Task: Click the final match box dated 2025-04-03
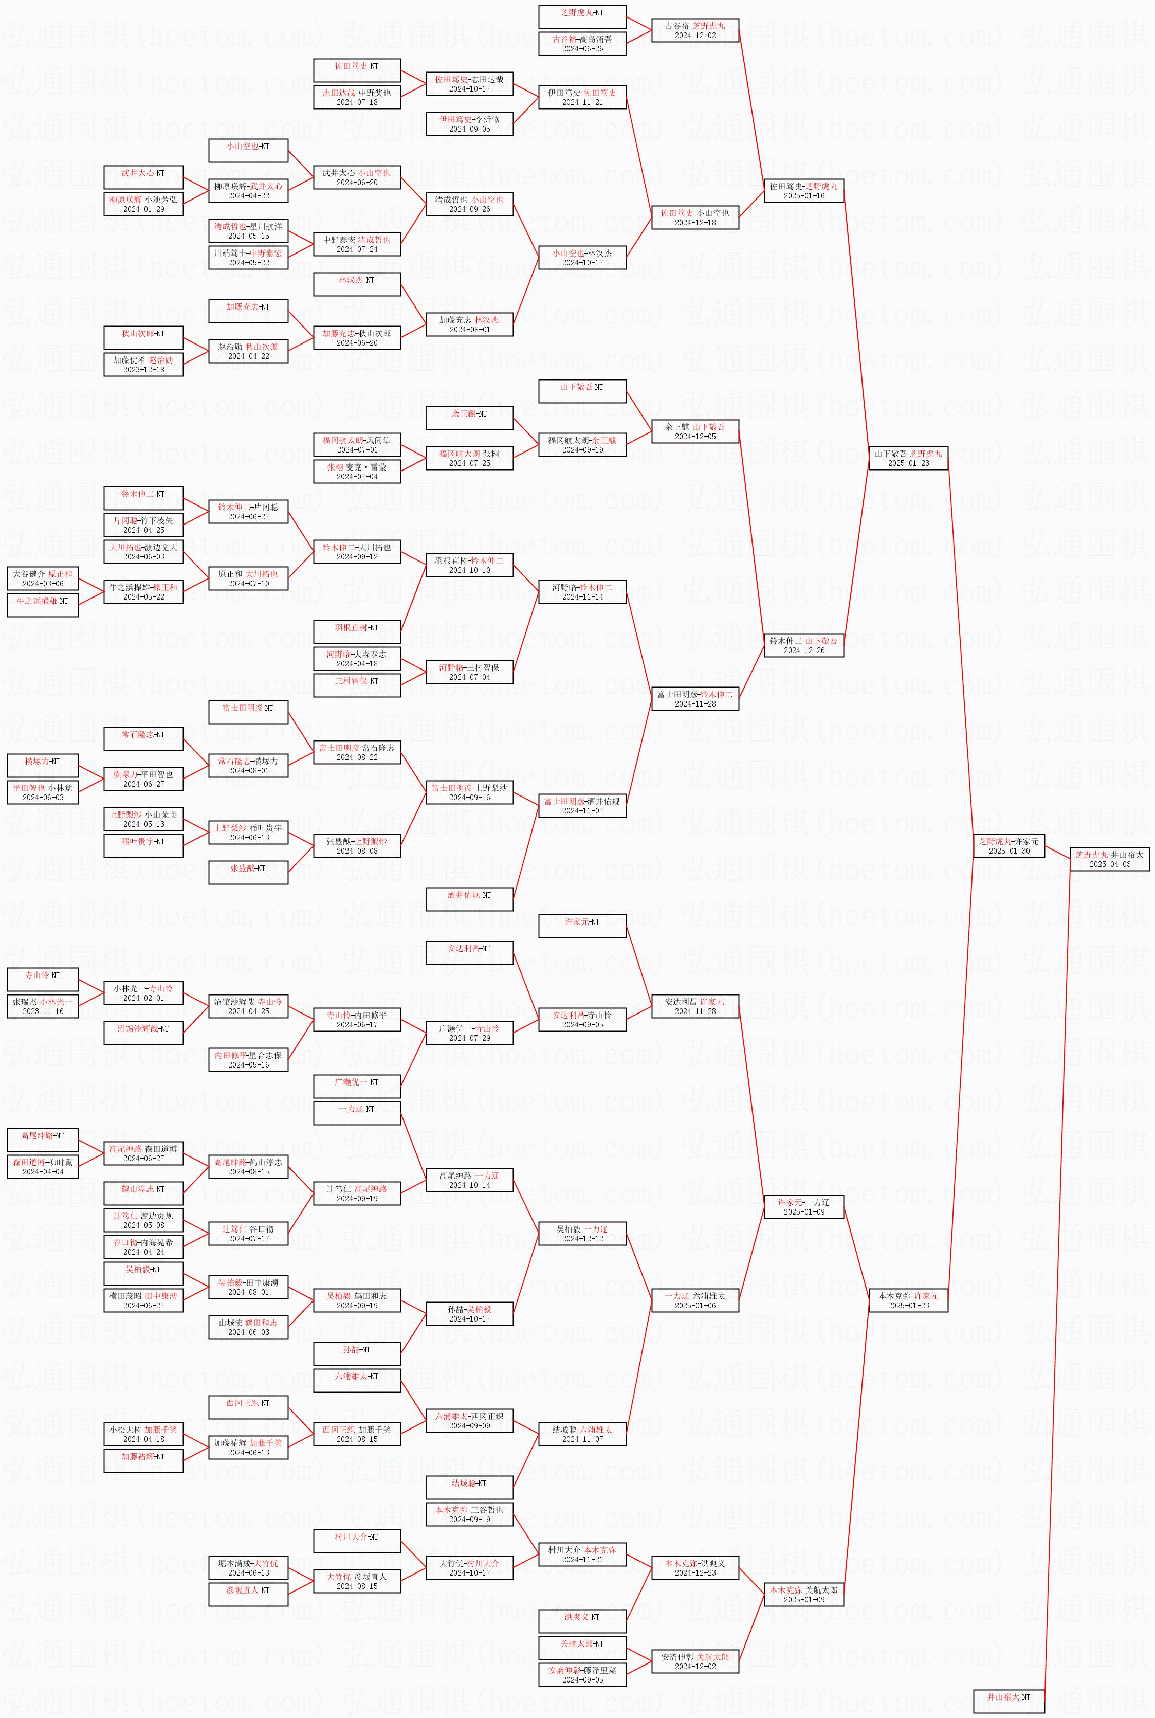click(x=1109, y=859)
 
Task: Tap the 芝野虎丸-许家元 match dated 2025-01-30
click(x=1009, y=846)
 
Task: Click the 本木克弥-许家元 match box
click(x=908, y=1300)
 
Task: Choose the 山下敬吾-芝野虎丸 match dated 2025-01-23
click(x=908, y=458)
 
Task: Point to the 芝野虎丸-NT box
click(x=582, y=17)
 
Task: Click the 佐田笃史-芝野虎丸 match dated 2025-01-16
click(x=803, y=191)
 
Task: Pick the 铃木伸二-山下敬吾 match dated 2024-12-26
click(x=803, y=645)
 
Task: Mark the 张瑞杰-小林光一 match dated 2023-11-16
click(x=43, y=1006)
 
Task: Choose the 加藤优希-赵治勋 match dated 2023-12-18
click(x=143, y=365)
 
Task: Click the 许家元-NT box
click(x=582, y=926)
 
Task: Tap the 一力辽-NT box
click(x=357, y=1113)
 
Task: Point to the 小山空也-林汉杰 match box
click(x=582, y=258)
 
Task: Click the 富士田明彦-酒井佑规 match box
click(x=582, y=805)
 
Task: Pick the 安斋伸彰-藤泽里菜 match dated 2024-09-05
click(x=582, y=1674)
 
